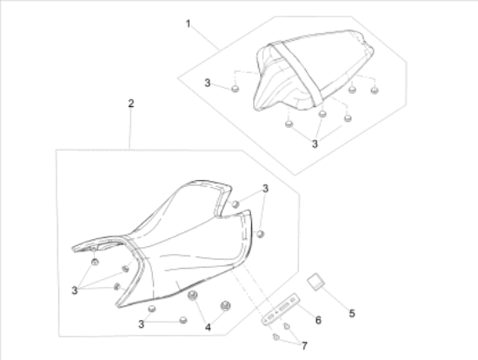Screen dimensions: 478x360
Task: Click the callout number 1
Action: click(188, 23)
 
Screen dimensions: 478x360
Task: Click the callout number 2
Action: click(130, 103)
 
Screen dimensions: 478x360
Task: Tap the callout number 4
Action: click(208, 328)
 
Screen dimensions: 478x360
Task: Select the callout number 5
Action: click(352, 313)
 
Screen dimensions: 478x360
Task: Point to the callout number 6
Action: click(318, 320)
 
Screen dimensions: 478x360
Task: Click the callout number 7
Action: click(304, 346)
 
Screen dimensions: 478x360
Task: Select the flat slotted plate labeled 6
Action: click(281, 309)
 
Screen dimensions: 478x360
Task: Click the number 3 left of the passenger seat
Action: click(208, 83)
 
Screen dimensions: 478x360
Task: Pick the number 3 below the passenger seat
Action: click(315, 143)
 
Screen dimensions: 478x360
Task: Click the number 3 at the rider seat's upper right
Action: click(266, 189)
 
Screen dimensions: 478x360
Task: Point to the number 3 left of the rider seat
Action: click(75, 290)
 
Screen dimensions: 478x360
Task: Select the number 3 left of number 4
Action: click(141, 324)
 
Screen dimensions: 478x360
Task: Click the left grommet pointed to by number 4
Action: click(192, 295)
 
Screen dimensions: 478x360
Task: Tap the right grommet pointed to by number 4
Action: click(225, 305)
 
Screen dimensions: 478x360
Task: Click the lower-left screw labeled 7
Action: click(276, 337)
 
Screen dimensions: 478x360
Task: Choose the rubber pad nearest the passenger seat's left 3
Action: click(235, 89)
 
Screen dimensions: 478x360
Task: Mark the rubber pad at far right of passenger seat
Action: click(375, 90)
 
